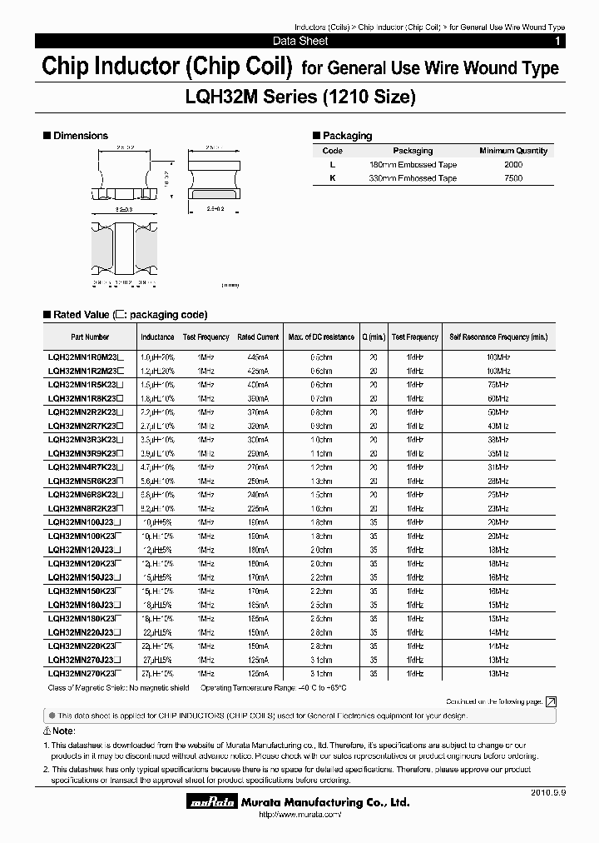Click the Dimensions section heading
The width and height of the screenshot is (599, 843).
tap(81, 135)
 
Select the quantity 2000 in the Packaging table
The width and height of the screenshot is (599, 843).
tap(513, 165)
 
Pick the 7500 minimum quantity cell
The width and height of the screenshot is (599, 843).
tap(513, 178)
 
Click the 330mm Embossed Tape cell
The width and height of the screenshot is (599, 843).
tap(413, 178)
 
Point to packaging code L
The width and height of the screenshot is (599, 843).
tap(332, 165)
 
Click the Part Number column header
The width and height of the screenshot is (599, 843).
tap(90, 337)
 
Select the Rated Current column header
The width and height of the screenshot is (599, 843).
tap(257, 337)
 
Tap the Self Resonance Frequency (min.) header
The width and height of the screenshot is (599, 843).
tap(498, 337)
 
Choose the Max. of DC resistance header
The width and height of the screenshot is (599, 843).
tap(320, 337)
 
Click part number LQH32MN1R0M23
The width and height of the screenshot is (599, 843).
tap(85, 356)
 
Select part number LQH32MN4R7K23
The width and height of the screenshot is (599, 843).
tap(85, 468)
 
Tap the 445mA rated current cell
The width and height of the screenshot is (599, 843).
tap(257, 356)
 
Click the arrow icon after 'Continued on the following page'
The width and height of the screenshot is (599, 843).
tap(551, 702)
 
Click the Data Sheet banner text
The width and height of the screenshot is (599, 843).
tap(300, 41)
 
